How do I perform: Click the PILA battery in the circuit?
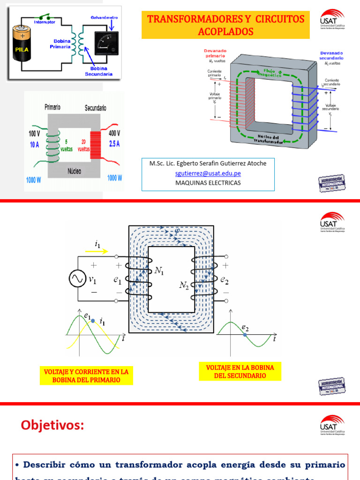[22, 47]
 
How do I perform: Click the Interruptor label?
[45, 22]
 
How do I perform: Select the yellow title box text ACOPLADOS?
[225, 31]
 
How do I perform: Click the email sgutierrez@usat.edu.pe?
[208, 173]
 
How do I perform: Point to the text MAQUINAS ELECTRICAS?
[208, 183]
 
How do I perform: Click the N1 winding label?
[160, 270]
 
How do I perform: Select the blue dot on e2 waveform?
[245, 335]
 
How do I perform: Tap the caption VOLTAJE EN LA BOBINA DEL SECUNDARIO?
[240, 371]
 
